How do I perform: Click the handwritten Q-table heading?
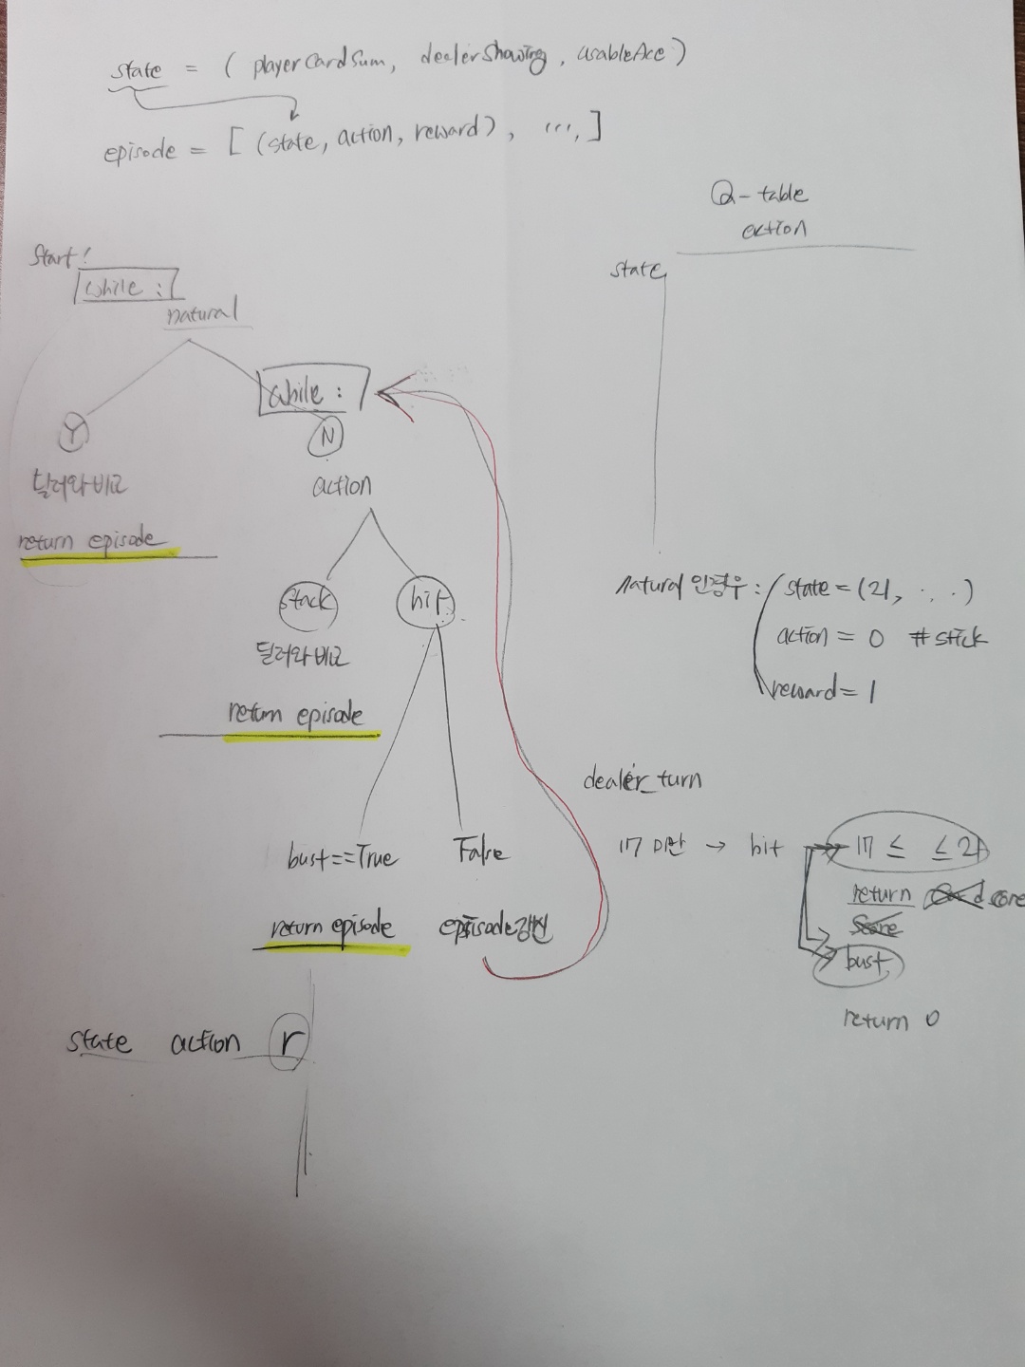pyautogui.click(x=759, y=196)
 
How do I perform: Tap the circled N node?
pyautogui.click(x=326, y=436)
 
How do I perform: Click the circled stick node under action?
pyautogui.click(x=307, y=601)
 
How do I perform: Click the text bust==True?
pyautogui.click(x=343, y=858)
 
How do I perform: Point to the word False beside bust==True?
pyautogui.click(x=481, y=852)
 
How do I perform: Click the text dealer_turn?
pyautogui.click(x=643, y=780)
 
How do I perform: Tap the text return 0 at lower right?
pyautogui.click(x=890, y=1021)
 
